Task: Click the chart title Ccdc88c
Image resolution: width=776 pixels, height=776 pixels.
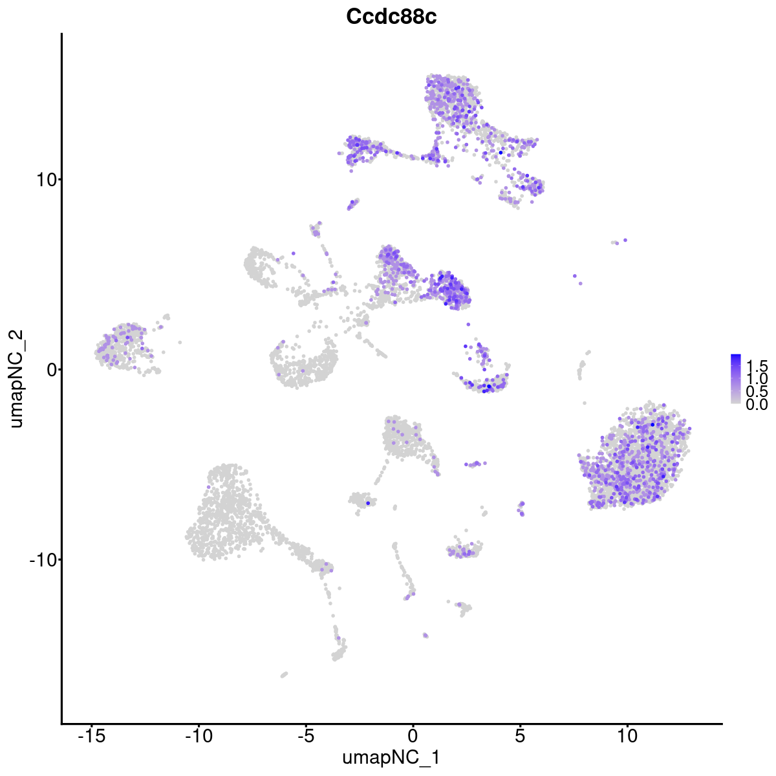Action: click(391, 17)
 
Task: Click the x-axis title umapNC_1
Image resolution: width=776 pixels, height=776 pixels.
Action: click(391, 757)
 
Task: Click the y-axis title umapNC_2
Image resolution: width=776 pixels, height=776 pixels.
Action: click(17, 378)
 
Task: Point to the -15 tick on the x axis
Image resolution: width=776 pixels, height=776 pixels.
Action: click(92, 735)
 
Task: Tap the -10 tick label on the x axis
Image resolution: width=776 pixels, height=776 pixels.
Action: click(199, 735)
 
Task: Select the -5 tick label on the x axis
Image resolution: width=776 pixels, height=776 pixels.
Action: click(306, 735)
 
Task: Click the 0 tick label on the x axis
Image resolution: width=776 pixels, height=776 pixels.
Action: click(413, 735)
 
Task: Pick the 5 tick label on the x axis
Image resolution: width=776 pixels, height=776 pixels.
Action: click(520, 735)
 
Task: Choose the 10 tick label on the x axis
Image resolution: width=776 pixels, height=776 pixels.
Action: click(627, 735)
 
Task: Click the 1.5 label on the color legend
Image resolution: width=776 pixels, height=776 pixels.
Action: click(756, 363)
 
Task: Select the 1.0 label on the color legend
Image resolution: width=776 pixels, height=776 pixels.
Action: click(756, 378)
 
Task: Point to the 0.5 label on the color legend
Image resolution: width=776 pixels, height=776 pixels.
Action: click(756, 391)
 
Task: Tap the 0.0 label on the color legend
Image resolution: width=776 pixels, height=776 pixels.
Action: click(756, 405)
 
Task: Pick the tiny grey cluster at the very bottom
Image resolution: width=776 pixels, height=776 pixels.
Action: click(283, 674)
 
